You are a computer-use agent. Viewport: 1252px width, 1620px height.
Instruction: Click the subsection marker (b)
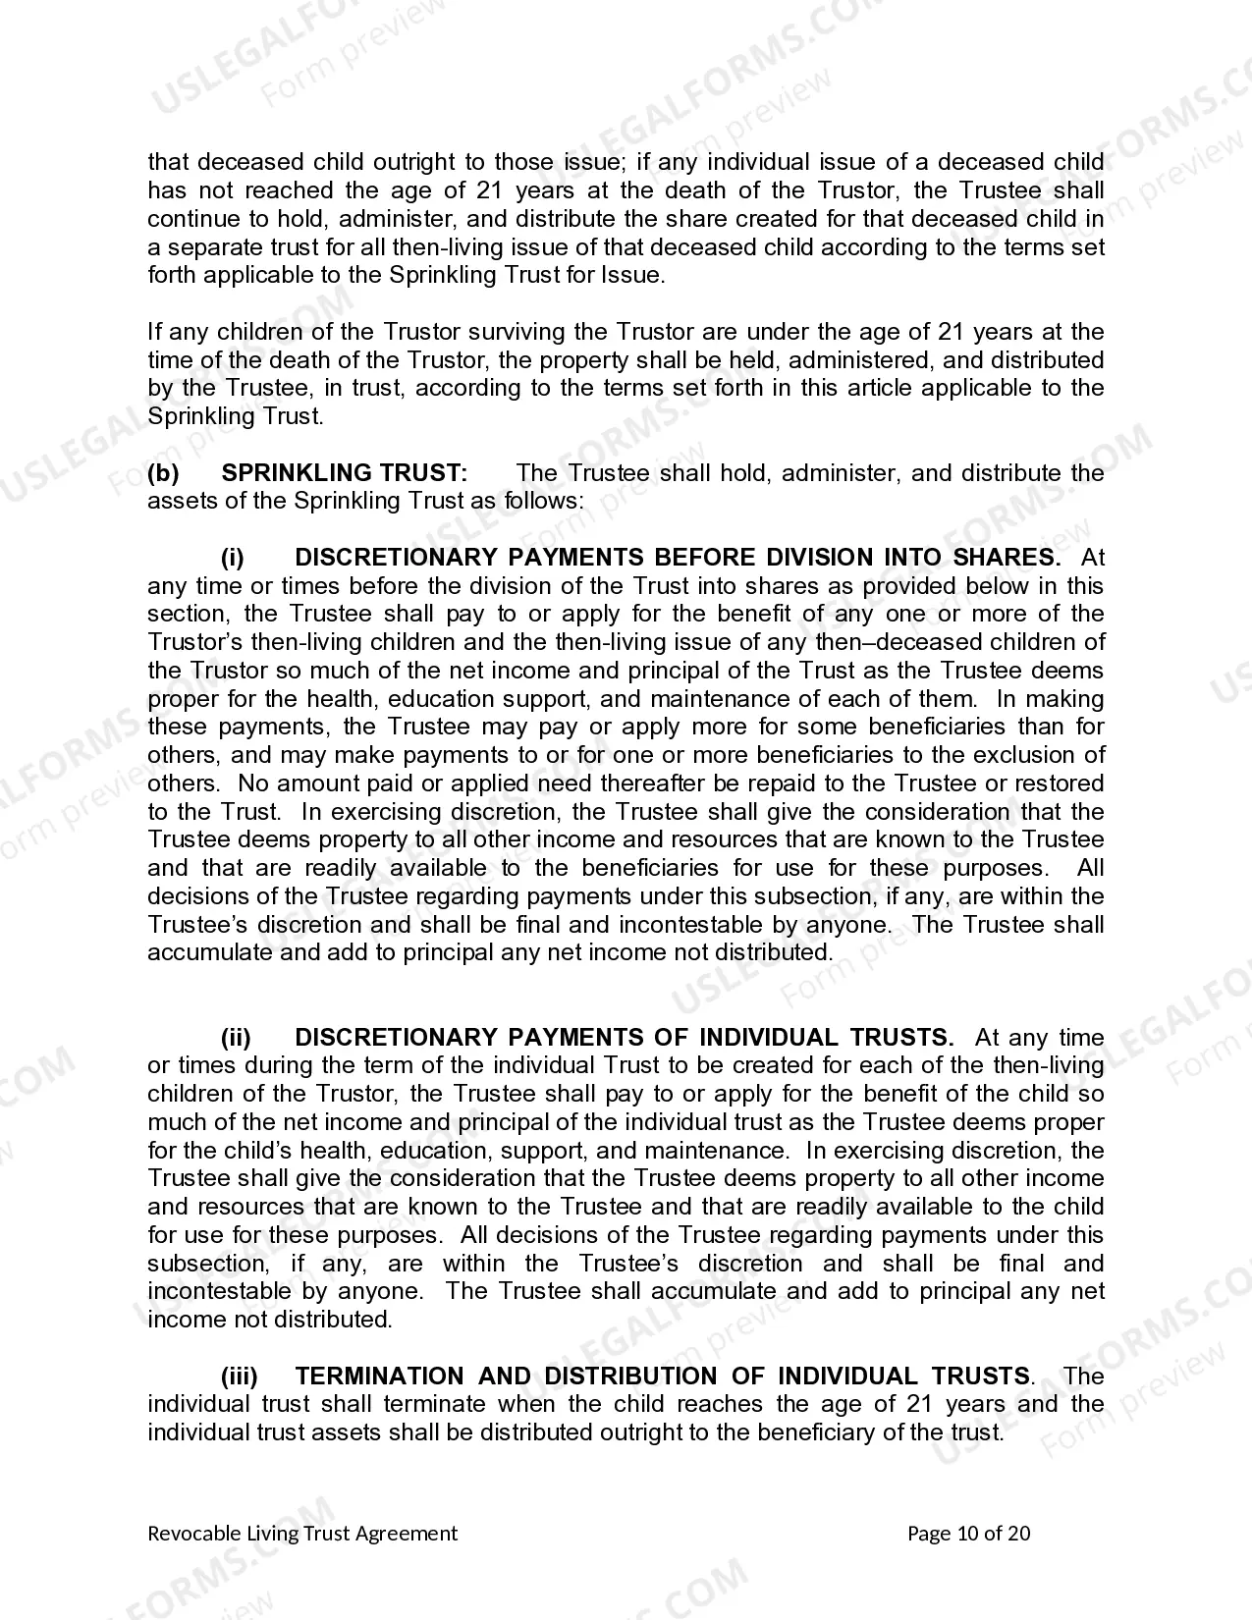164,473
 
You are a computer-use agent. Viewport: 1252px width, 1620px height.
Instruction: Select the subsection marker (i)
233,558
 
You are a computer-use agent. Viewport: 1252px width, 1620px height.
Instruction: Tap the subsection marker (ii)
236,1038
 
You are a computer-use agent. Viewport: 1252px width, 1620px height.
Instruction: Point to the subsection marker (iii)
240,1377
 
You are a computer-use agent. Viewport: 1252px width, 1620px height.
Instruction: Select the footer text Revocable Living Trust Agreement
302,1534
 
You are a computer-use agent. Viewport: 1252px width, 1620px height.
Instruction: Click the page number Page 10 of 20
969,1534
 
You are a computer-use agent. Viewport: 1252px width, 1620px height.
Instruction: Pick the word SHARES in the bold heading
1007,558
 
